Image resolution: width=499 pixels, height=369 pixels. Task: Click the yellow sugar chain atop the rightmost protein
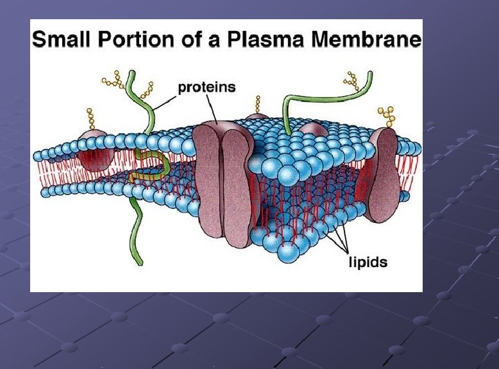[386, 115]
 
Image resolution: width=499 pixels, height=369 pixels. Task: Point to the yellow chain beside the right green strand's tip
[351, 79]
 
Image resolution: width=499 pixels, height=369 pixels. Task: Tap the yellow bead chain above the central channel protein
[257, 106]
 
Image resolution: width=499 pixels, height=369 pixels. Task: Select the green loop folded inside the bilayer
[151, 169]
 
